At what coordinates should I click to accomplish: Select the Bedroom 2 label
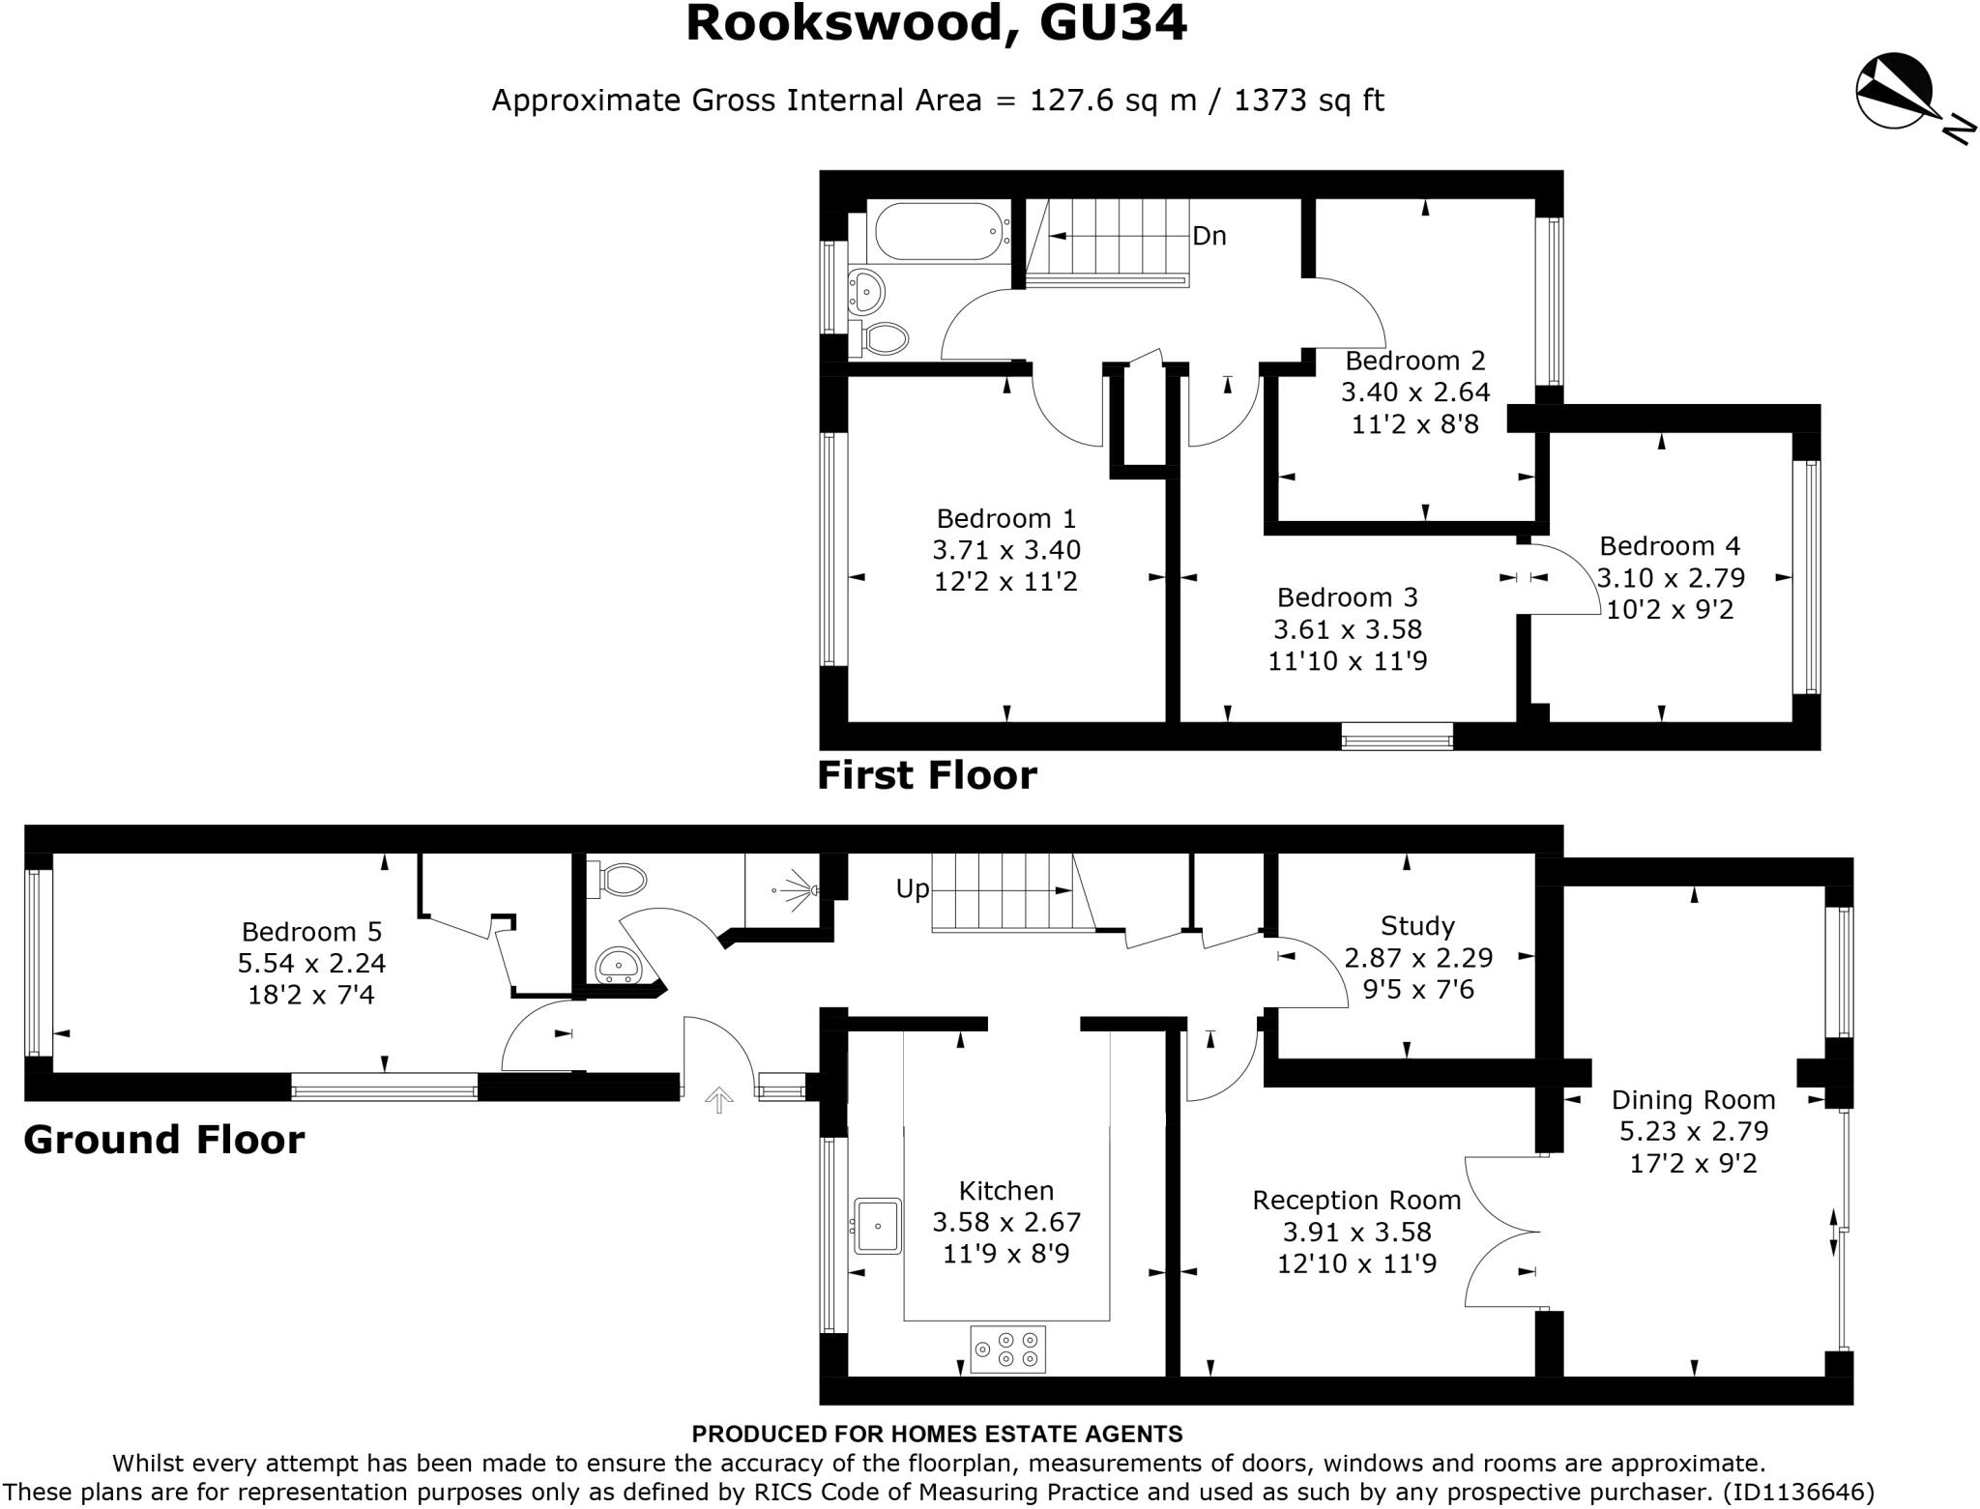click(x=1414, y=362)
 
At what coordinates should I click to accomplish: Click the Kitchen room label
click(x=1005, y=1191)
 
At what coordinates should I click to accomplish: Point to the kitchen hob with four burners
click(x=1008, y=1349)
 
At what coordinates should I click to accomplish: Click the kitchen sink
click(x=878, y=1226)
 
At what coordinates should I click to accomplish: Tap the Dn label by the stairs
click(x=1209, y=236)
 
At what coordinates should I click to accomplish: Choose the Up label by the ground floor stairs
click(x=913, y=888)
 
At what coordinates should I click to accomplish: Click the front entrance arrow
click(x=717, y=1099)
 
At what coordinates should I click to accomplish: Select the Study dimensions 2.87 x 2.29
click(x=1418, y=958)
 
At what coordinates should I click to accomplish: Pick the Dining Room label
click(x=1693, y=1100)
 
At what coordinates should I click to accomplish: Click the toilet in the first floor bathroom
click(x=883, y=338)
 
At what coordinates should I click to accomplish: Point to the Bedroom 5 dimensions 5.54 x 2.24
click(x=311, y=964)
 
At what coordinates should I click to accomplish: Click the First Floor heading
click(x=926, y=775)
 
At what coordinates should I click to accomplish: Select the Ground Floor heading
click(x=163, y=1140)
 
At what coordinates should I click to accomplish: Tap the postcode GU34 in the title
click(x=1113, y=24)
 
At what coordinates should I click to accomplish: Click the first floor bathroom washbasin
click(x=866, y=289)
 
